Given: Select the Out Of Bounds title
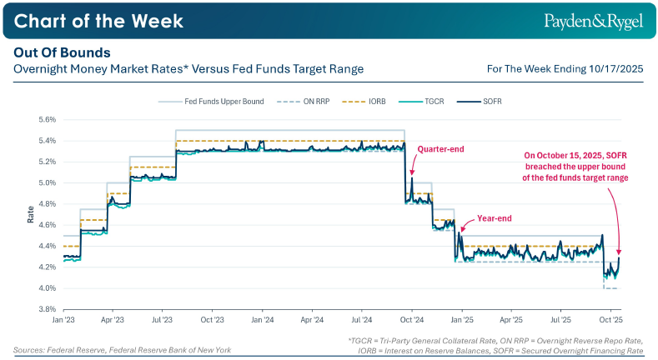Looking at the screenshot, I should (x=63, y=52).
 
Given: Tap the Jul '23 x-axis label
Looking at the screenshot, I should (x=163, y=319).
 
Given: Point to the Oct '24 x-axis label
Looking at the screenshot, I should (x=412, y=319).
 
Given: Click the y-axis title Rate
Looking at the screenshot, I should (x=31, y=214).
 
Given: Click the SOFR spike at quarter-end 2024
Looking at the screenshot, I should (x=412, y=177).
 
